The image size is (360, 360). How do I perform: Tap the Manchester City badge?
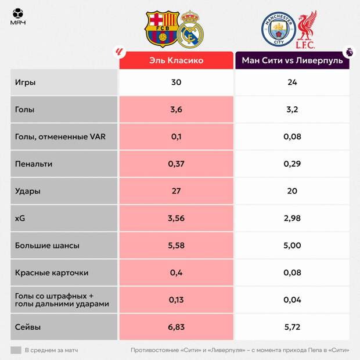pos(278,29)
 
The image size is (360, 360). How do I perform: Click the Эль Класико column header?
pos(177,60)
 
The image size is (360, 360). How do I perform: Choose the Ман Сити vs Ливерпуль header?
pos(292,60)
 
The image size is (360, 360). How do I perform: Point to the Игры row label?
pos(26,82)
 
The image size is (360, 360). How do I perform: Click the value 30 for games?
pos(177,82)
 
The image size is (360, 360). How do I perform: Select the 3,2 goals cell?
pos(292,110)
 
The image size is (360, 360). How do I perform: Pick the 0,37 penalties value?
pos(177,164)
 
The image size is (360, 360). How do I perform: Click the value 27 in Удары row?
pos(177,191)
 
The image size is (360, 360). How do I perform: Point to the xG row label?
pos(21,218)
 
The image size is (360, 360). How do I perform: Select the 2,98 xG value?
pos(292,218)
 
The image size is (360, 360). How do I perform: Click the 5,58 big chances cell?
pos(177,246)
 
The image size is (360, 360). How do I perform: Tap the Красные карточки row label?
pos(52,273)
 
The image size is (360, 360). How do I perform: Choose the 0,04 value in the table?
pos(292,300)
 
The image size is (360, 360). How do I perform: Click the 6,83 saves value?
pos(177,327)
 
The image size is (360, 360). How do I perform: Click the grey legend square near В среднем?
pos(16,350)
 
